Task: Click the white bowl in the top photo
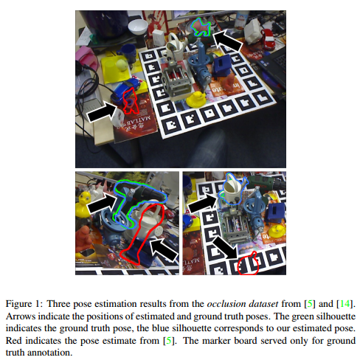pos(138,27)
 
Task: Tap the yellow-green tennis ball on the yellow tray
pos(122,65)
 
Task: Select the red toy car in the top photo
pos(267,38)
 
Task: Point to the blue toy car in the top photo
pos(125,90)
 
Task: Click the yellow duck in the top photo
pos(196,100)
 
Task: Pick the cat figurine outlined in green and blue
pos(201,27)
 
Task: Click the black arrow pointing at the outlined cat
pos(227,41)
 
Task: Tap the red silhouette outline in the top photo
pos(130,101)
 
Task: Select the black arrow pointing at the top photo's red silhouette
pos(103,112)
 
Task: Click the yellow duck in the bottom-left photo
pos(83,204)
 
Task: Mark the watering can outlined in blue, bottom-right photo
pos(233,190)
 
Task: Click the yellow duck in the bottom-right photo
pos(277,231)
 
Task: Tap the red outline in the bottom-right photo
pos(249,263)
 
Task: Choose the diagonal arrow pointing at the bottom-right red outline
pos(224,247)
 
